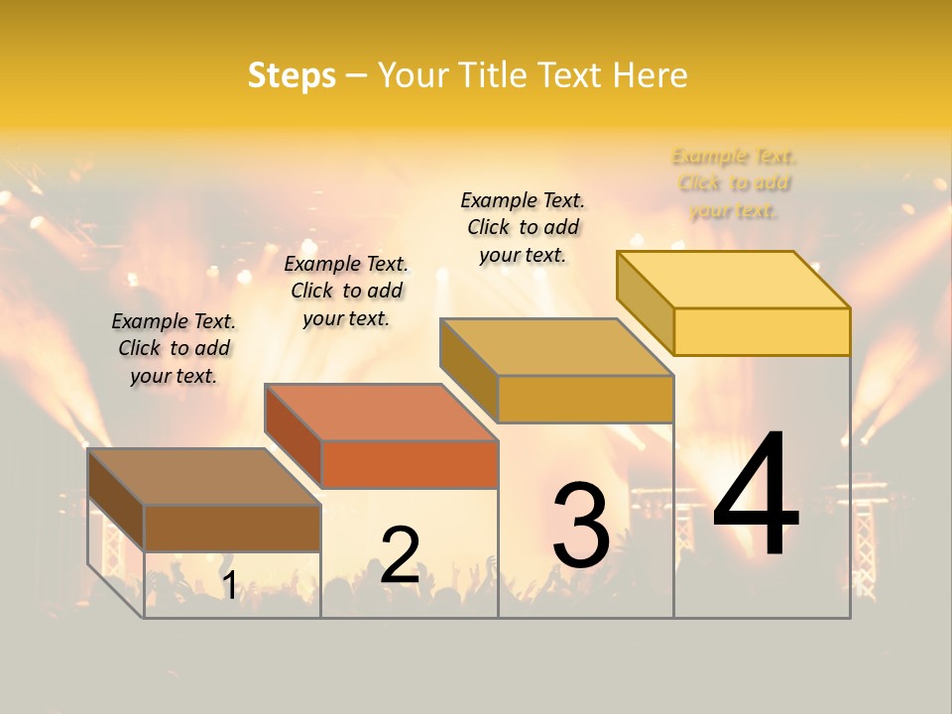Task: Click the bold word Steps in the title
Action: click(292, 75)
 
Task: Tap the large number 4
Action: click(756, 496)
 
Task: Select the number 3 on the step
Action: click(580, 526)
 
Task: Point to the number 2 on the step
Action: click(400, 555)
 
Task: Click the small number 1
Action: click(229, 586)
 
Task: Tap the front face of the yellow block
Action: click(762, 331)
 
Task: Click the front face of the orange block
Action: click(410, 465)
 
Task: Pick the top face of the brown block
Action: click(203, 477)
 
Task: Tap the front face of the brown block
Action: click(232, 529)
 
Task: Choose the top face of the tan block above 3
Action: click(556, 347)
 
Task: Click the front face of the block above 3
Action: click(585, 400)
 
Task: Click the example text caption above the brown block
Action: click(174, 348)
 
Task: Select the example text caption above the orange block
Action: click(346, 291)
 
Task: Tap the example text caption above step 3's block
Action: click(523, 227)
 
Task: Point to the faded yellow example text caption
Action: click(734, 183)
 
